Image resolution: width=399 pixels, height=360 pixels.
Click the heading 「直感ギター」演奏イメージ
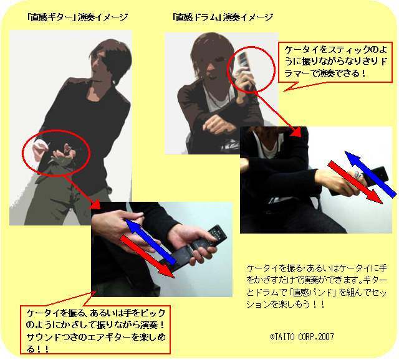point(77,17)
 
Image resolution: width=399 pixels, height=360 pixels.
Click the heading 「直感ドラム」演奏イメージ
point(223,17)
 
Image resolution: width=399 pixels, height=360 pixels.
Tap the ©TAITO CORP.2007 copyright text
point(302,337)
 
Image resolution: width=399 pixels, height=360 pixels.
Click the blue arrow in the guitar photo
point(151,242)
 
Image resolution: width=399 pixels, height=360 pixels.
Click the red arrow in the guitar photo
point(148,256)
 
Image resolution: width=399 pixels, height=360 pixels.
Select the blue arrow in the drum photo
point(370,174)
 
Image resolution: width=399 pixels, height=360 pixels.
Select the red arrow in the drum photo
point(355,182)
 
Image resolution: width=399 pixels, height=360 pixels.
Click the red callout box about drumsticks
point(335,62)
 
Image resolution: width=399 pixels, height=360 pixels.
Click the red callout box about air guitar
point(95,329)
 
